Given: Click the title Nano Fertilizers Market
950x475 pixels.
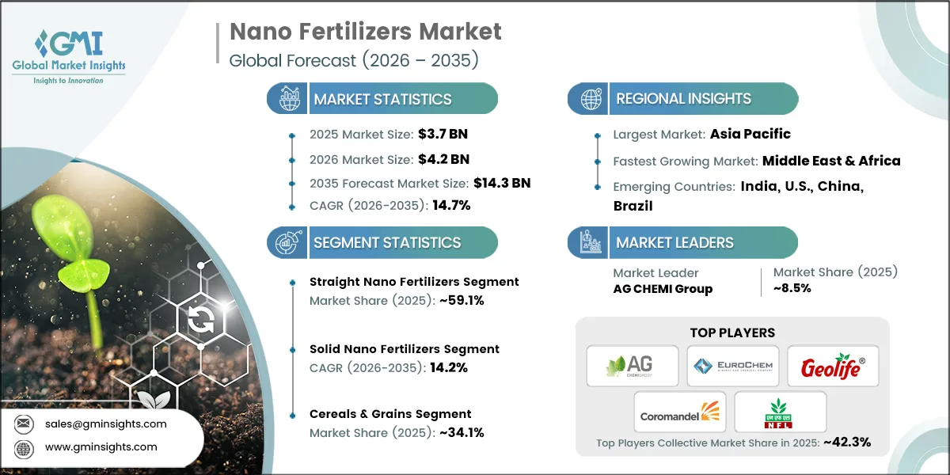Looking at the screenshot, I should pyautogui.click(x=365, y=32).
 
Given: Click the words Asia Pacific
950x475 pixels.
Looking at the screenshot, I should pyautogui.click(x=750, y=134).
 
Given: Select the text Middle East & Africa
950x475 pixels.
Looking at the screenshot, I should pyautogui.click(x=831, y=161).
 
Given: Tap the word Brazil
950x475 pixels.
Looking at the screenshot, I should pyautogui.click(x=633, y=205).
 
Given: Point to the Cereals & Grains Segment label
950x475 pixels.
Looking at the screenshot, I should pyautogui.click(x=390, y=413).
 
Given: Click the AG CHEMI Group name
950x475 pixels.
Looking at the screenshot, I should pyautogui.click(x=663, y=289).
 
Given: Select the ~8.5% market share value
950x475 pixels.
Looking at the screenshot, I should pyautogui.click(x=792, y=288).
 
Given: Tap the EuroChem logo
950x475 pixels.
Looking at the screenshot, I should pyautogui.click(x=732, y=366).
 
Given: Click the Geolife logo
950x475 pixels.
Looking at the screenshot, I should pyautogui.click(x=833, y=367).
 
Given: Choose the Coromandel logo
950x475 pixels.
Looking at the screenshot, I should pyautogui.click(x=680, y=412).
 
